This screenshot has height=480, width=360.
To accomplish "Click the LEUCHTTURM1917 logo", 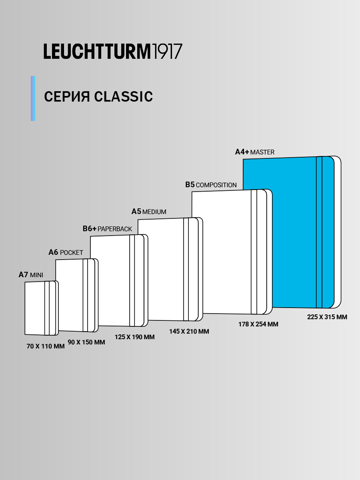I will click(x=113, y=52).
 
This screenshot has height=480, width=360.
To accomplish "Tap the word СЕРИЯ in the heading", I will click(x=67, y=97).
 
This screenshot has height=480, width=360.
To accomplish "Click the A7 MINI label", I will click(x=31, y=275).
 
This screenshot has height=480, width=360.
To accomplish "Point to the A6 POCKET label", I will click(x=66, y=252).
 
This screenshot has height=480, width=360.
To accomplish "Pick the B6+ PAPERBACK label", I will click(x=107, y=229).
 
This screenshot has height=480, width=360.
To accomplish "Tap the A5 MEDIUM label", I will click(x=149, y=212).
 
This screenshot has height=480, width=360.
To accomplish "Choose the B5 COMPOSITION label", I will click(x=211, y=185).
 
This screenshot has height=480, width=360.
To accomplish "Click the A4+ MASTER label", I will click(x=254, y=152).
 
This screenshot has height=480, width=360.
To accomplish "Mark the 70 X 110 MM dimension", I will click(x=46, y=347).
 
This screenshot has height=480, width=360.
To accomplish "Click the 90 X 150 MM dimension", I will click(x=86, y=342).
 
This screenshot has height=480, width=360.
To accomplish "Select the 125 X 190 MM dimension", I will click(x=135, y=337).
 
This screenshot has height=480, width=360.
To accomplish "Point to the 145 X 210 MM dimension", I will click(x=189, y=332).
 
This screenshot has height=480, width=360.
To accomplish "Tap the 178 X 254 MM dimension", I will click(x=258, y=324).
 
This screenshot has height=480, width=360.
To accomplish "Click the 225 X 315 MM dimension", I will click(x=327, y=317).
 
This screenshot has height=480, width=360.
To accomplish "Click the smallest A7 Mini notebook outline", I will click(x=35, y=308).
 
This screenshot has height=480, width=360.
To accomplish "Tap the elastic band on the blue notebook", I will click(x=319, y=232).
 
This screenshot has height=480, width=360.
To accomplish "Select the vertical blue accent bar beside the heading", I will click(x=33, y=98).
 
